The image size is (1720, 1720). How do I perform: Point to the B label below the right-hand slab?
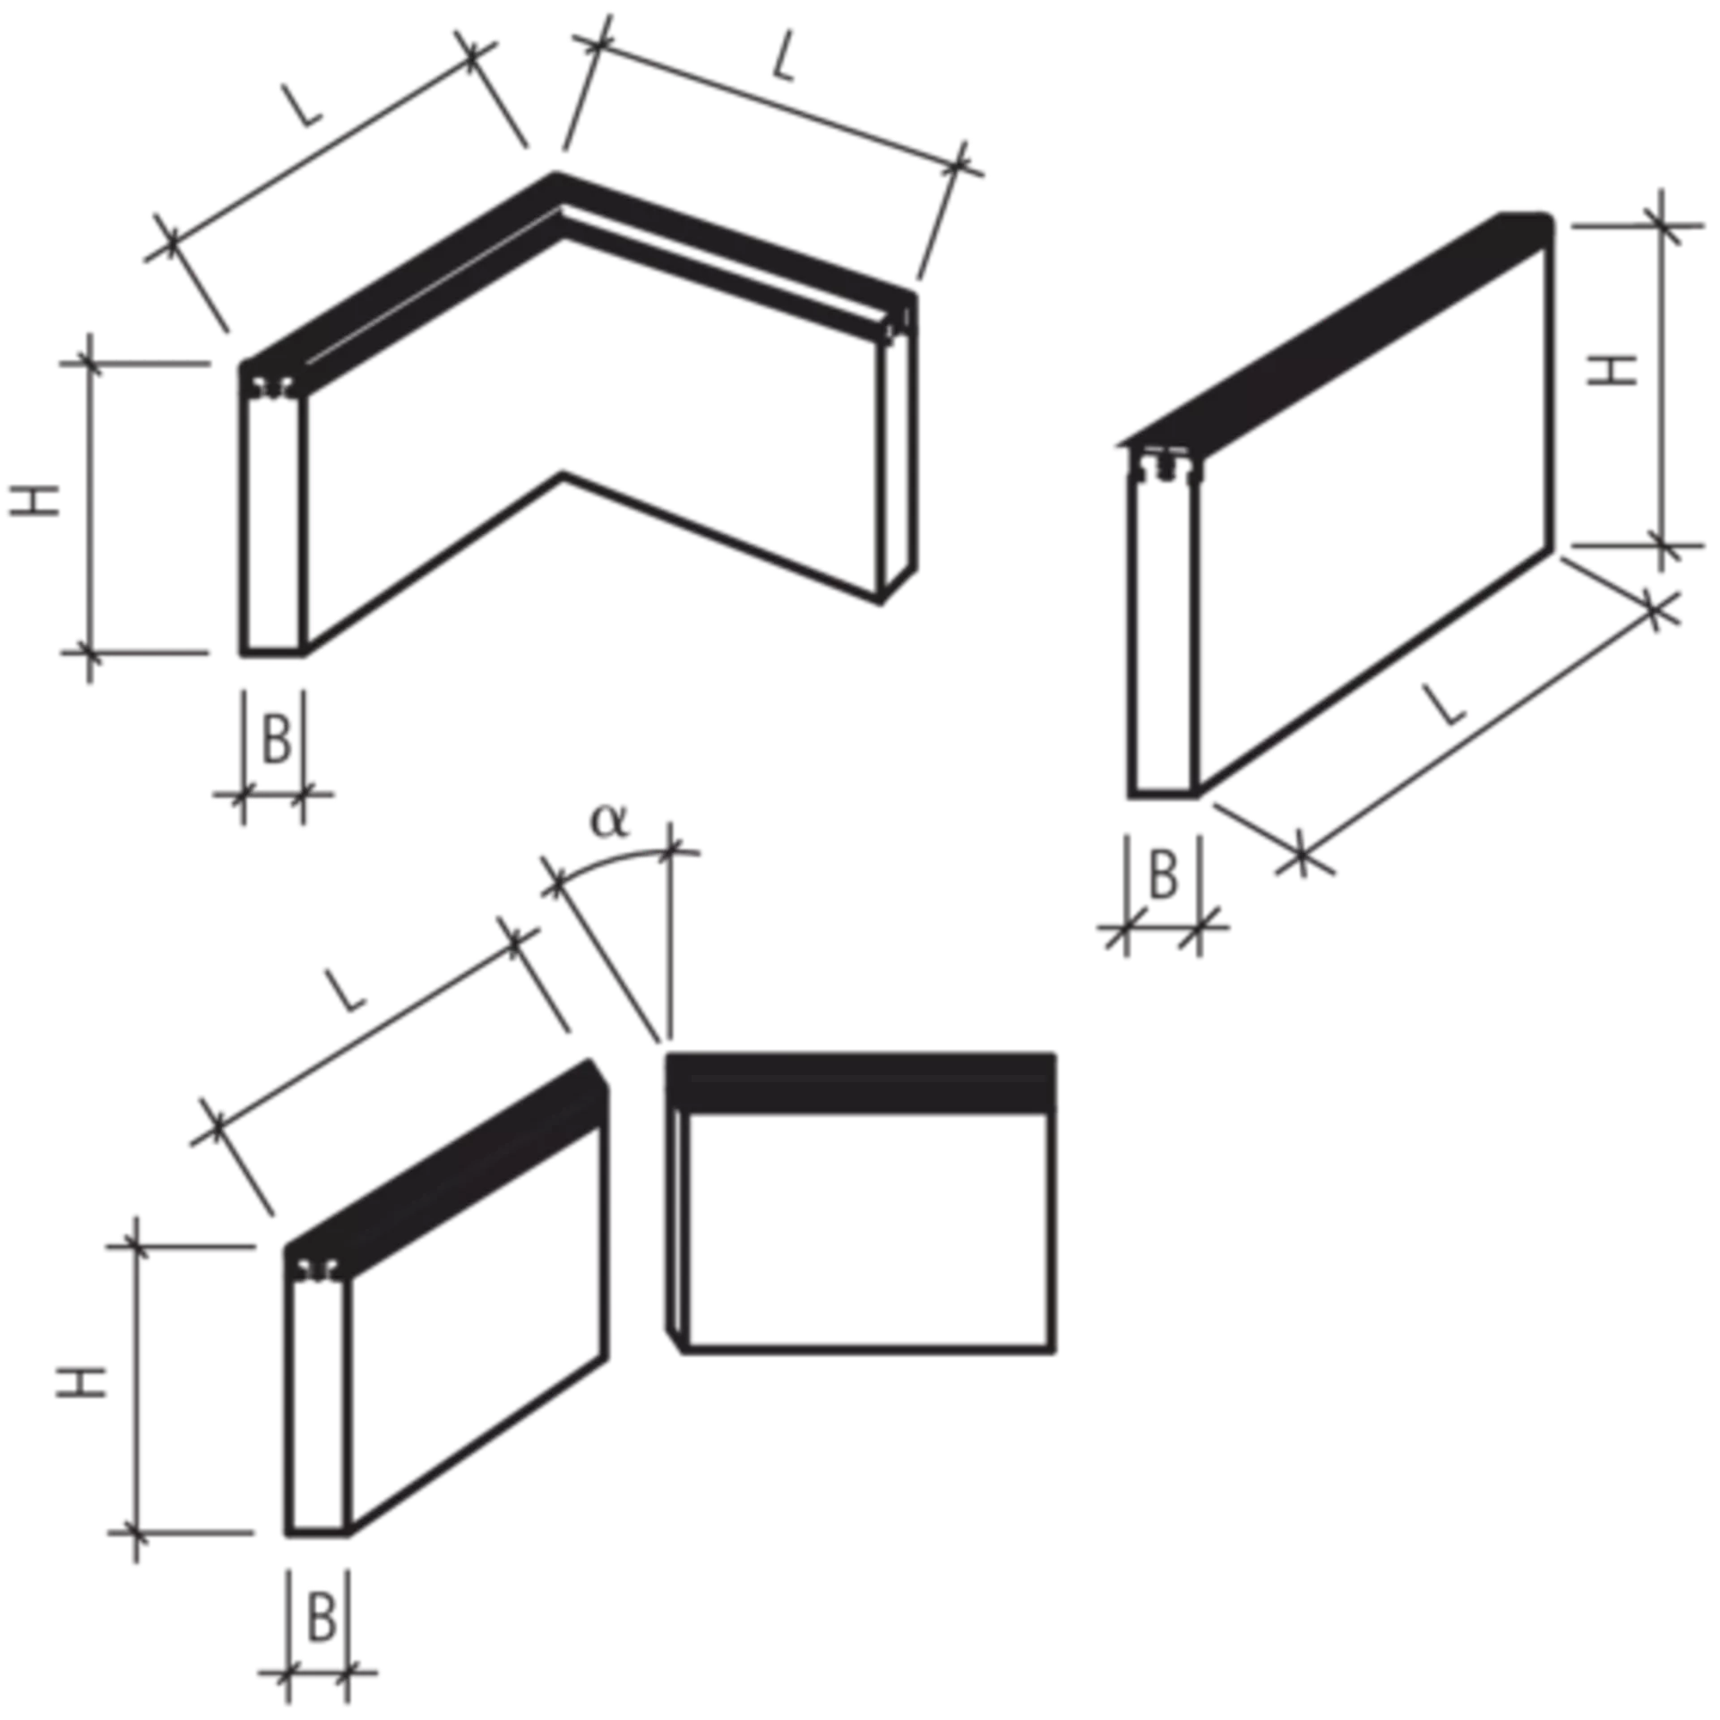tap(1165, 873)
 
